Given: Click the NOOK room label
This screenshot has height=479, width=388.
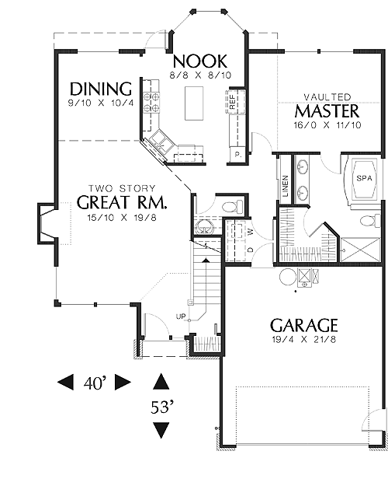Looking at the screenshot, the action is (x=200, y=61).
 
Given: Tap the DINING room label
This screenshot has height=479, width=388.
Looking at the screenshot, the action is (x=101, y=89).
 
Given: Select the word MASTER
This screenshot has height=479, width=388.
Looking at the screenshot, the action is (x=327, y=111).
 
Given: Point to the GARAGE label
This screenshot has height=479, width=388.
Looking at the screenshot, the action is (x=304, y=325).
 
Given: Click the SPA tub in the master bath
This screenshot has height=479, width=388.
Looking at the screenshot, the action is (x=364, y=179).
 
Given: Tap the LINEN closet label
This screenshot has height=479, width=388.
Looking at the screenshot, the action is (x=286, y=186).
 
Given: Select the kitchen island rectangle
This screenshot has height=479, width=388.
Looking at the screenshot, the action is (x=193, y=103).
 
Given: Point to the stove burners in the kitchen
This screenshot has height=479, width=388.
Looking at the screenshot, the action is (x=151, y=102).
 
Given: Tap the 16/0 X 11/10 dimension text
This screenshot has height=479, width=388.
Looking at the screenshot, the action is (x=327, y=125).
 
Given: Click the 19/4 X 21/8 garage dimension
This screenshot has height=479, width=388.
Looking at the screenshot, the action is (x=304, y=339).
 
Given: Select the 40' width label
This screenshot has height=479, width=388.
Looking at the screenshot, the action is (x=95, y=383).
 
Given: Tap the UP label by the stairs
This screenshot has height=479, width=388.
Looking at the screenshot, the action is (x=181, y=316).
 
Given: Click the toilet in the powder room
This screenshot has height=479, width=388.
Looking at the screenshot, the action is (x=233, y=207).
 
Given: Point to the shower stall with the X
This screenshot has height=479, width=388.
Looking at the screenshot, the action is (x=360, y=250).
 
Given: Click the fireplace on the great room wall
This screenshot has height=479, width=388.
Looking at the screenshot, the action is (x=47, y=223).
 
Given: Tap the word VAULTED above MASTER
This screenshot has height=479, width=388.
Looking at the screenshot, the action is (x=327, y=97).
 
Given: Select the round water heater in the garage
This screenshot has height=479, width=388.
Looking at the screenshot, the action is (x=287, y=277).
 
